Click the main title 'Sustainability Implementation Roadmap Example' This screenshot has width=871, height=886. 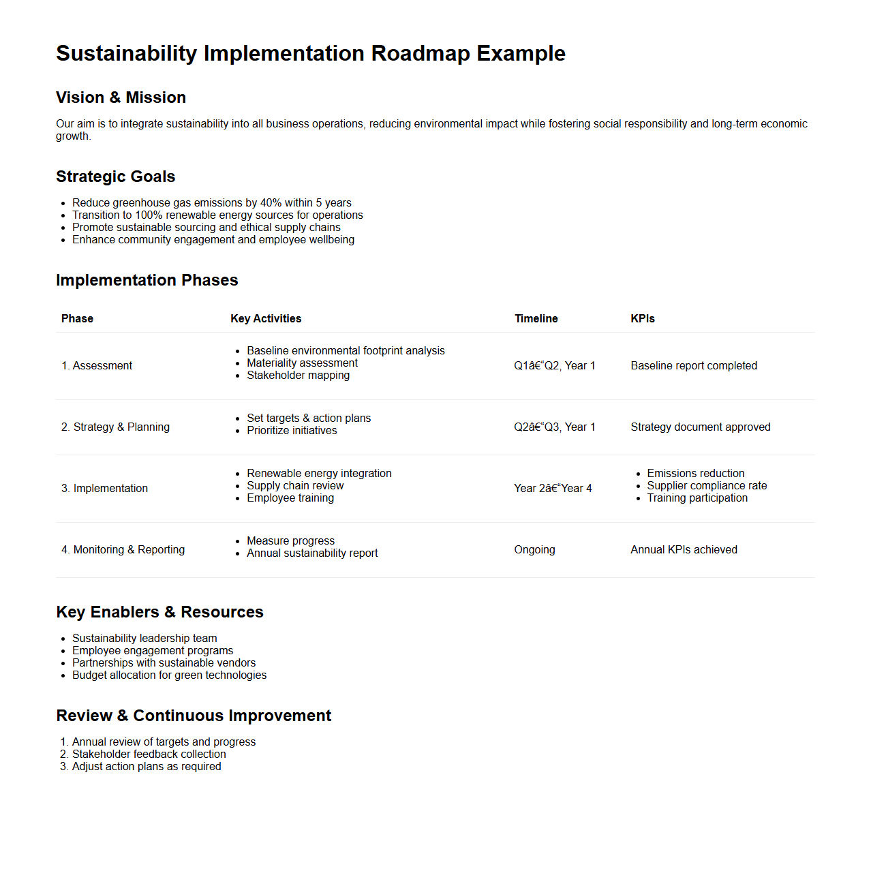(310, 53)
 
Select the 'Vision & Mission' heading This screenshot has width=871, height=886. (121, 97)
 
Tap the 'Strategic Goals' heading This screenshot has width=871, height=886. (115, 177)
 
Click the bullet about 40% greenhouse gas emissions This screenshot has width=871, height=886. (211, 203)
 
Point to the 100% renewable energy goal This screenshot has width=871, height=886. (217, 215)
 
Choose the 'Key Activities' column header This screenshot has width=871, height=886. (266, 319)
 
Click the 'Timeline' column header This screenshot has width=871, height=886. (536, 319)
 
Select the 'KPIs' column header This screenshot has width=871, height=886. (642, 319)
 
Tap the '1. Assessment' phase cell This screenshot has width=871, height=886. (97, 366)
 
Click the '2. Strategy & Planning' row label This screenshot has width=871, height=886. (115, 427)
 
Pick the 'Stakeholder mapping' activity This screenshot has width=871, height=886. (298, 376)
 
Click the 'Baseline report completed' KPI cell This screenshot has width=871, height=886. (693, 366)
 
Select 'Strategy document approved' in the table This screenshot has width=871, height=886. (700, 427)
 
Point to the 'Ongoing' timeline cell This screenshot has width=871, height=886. (534, 550)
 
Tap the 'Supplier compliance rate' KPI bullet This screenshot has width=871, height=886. (707, 486)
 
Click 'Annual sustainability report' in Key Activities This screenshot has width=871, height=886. (312, 553)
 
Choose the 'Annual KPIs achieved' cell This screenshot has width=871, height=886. (684, 550)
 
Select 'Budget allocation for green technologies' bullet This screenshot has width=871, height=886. (169, 675)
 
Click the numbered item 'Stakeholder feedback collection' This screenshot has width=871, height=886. (149, 754)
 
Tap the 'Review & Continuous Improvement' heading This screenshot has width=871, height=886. (194, 716)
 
